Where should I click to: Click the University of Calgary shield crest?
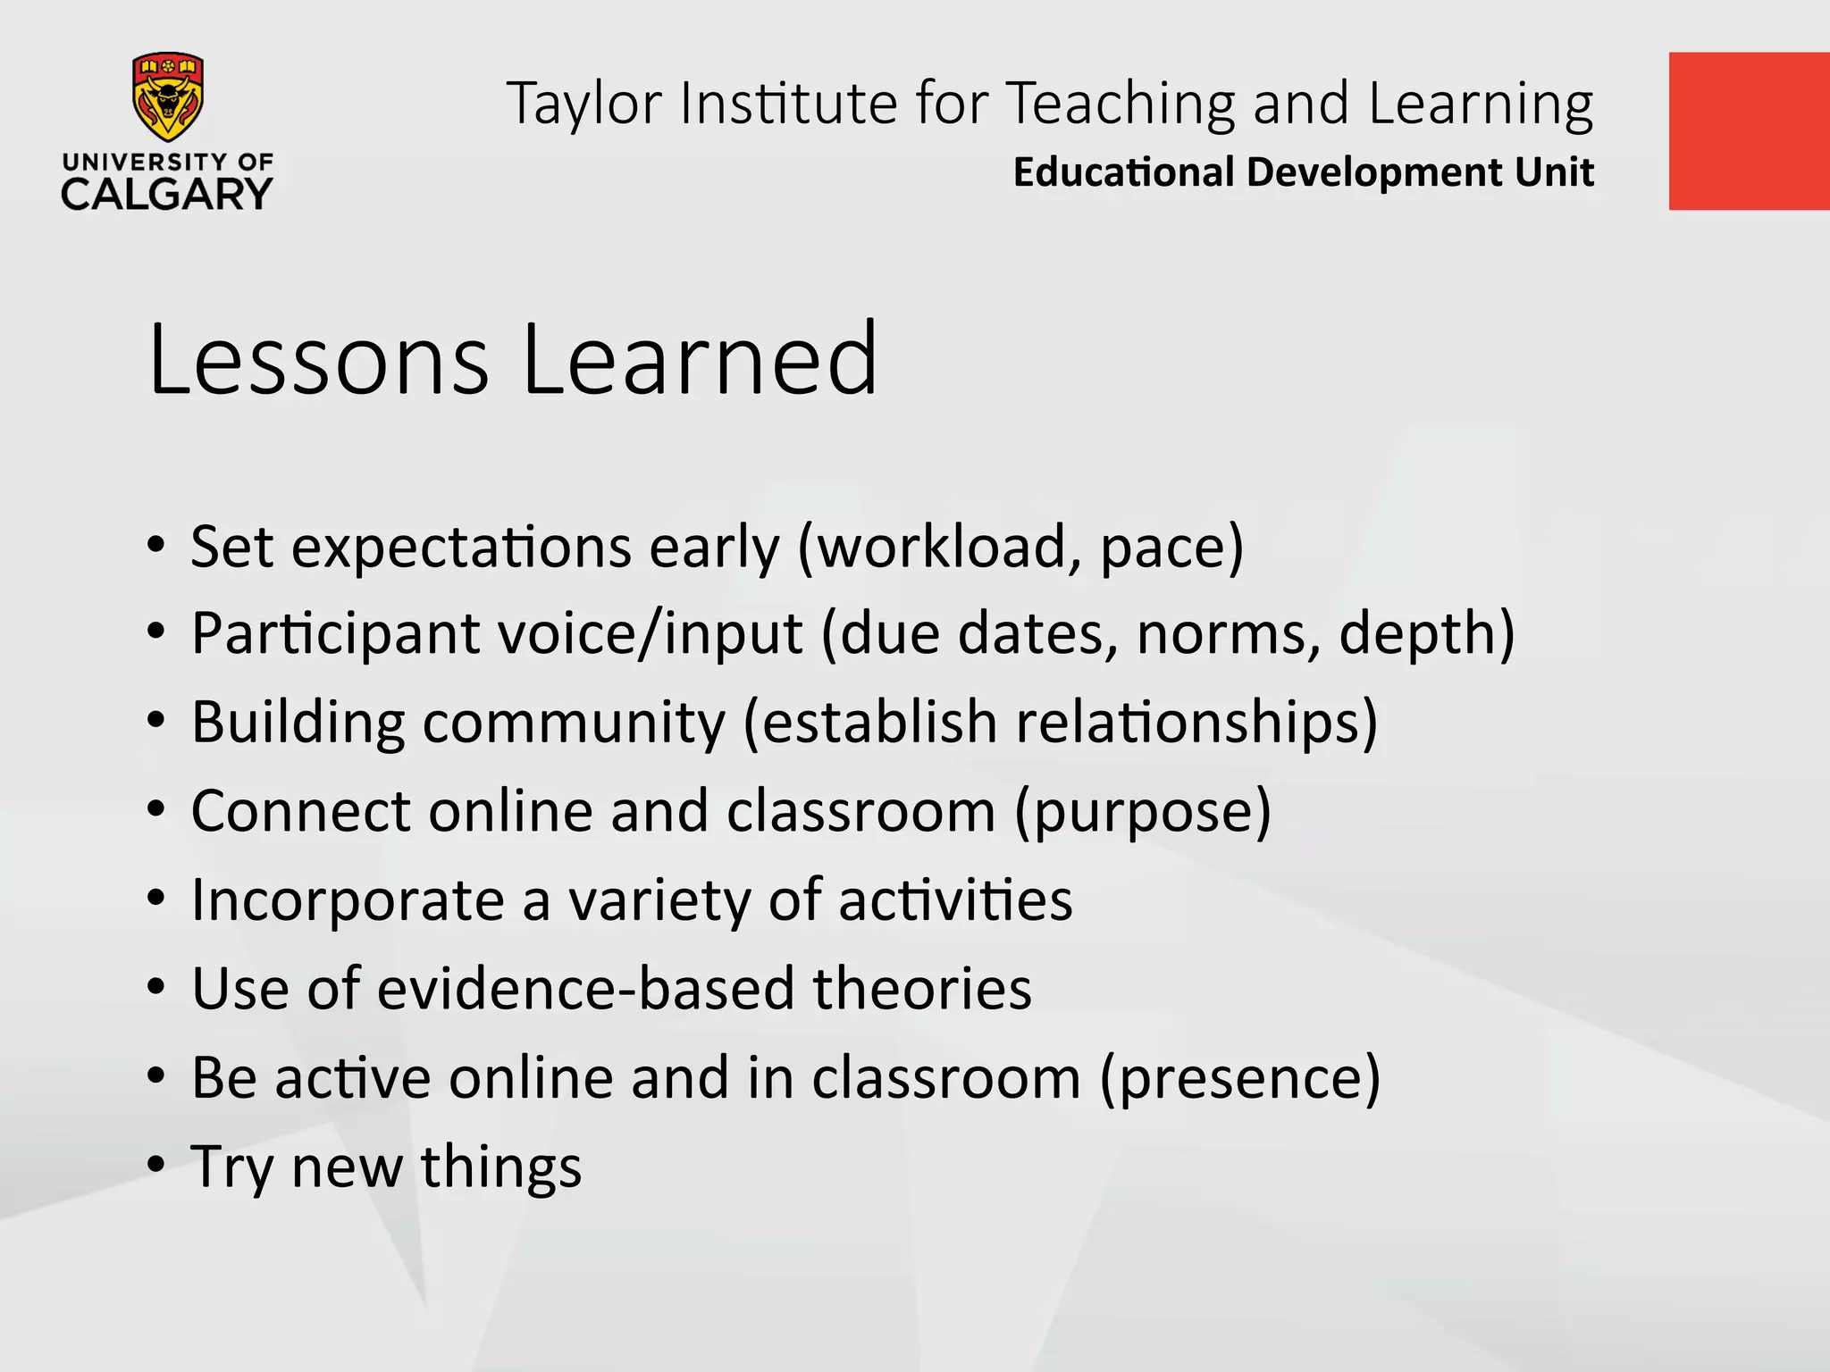click(x=167, y=96)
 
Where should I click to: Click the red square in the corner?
click(x=1749, y=131)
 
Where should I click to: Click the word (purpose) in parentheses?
click(x=1142, y=812)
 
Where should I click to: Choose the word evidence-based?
click(x=585, y=988)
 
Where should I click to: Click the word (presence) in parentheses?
click(x=1240, y=1078)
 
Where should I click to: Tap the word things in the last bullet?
click(x=501, y=1167)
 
